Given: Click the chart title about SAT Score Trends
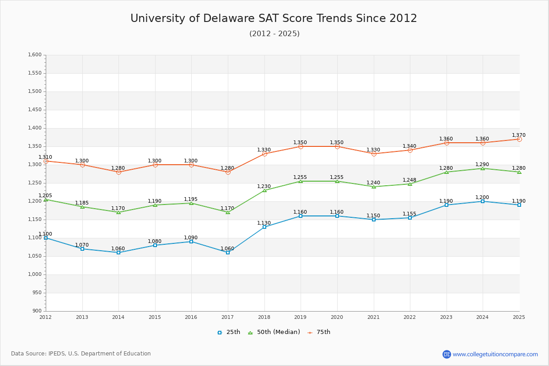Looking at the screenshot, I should click(274, 18).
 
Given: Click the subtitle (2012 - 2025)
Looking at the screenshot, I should click(274, 34).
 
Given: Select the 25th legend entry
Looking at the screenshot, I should click(229, 332).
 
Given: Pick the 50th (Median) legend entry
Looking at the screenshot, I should click(274, 332).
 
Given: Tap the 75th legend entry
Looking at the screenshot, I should click(319, 332).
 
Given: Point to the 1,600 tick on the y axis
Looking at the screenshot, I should click(35, 55).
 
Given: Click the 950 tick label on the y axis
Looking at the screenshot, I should click(37, 293).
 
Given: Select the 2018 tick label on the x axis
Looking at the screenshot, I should click(264, 317).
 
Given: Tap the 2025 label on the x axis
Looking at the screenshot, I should click(519, 317).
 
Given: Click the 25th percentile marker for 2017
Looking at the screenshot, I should click(228, 253).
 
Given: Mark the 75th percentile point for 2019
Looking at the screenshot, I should click(301, 146).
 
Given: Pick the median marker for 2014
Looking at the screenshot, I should click(118, 212).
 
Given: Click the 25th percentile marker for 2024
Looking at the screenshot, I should click(483, 201).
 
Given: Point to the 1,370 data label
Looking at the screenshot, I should click(519, 135).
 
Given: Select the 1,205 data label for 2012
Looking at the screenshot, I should click(45, 196).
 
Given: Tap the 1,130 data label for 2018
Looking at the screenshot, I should click(264, 223).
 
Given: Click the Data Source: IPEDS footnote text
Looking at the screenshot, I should click(81, 354).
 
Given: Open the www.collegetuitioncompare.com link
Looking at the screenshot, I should click(495, 354).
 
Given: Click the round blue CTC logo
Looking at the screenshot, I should click(447, 354).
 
